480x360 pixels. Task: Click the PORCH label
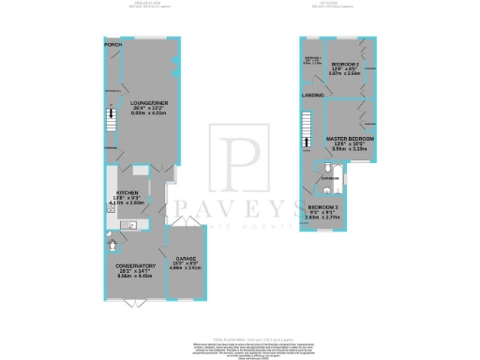112,44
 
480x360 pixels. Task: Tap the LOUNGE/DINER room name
148,104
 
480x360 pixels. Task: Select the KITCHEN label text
126,189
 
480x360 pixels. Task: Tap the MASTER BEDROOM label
349,139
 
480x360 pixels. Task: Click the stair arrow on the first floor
305,142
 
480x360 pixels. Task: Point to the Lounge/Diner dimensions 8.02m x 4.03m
148,115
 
